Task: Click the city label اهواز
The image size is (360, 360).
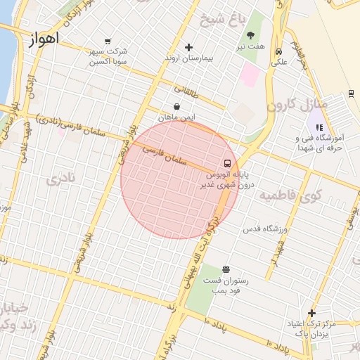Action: (44, 39)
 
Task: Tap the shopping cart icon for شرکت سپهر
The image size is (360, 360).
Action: (107, 41)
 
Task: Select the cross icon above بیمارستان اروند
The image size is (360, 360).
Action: (188, 48)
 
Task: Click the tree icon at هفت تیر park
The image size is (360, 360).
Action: (251, 35)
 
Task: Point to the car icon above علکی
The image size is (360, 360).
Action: (279, 51)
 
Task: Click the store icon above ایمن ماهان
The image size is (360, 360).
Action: (175, 107)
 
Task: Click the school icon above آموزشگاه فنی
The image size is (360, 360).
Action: (319, 128)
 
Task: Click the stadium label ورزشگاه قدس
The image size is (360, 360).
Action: (262, 229)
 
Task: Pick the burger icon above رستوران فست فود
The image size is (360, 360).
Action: (226, 270)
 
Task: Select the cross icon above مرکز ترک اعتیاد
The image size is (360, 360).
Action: (312, 313)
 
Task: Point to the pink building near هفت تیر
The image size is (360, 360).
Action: (250, 75)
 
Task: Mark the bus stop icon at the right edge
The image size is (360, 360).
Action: (350, 94)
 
